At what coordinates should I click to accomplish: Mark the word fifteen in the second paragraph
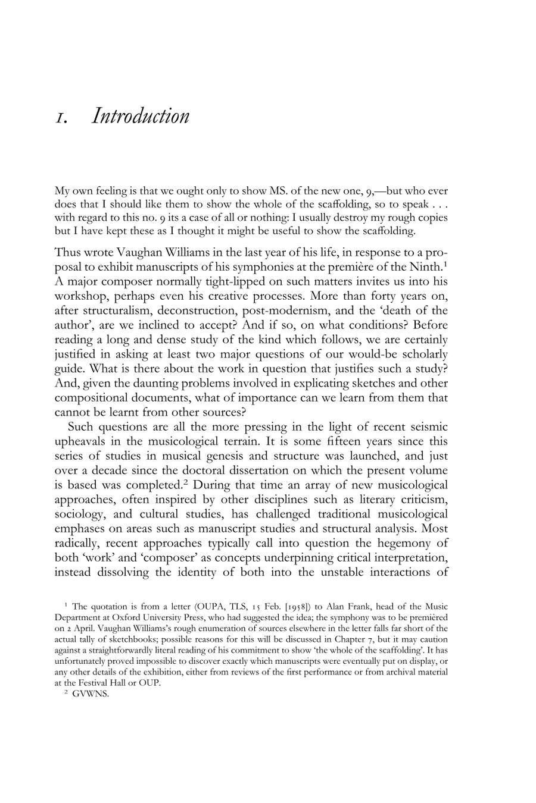point(331,441)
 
